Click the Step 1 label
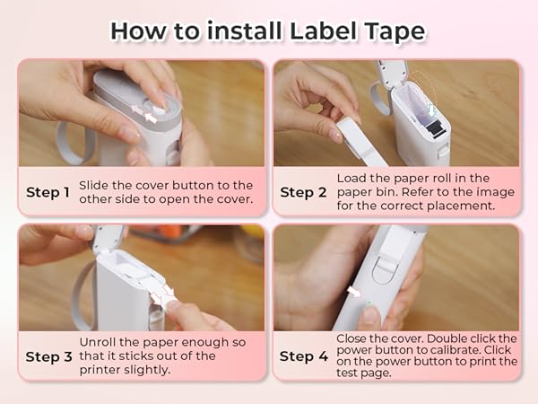pos(48,192)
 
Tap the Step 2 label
pos(302,192)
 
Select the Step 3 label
pos(48,356)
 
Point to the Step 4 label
pos(302,356)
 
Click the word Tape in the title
pos(395,31)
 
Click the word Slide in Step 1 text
pos(95,184)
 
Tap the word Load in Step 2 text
pos(352,178)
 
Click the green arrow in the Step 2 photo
pos(431,110)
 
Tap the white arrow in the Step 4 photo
pos(355,292)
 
